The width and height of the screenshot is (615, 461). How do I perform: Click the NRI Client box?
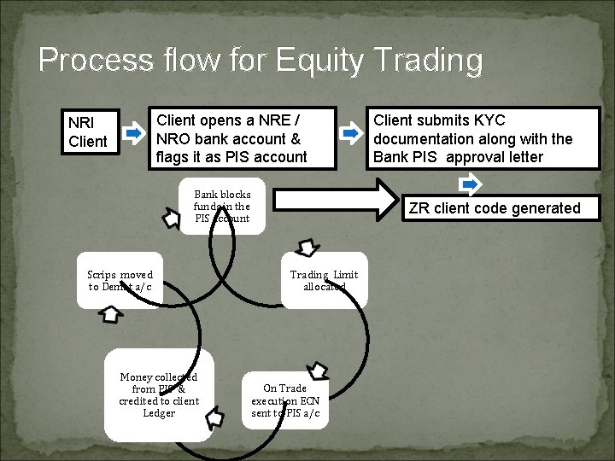point(88,132)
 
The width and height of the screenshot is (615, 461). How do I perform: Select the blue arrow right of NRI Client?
point(132,133)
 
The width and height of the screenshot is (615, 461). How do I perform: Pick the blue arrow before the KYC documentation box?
point(350,133)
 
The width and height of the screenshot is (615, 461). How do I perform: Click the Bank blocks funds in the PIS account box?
point(222,207)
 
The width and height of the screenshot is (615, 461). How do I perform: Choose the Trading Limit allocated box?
point(324,280)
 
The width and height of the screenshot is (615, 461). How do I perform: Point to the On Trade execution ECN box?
point(285,401)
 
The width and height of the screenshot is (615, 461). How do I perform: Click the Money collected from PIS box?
point(159,395)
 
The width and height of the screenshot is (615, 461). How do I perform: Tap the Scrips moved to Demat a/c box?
point(120,280)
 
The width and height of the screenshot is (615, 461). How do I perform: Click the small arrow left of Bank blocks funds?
point(170,219)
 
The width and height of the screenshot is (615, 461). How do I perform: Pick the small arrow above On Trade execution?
point(318,371)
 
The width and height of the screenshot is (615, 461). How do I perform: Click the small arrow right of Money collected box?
point(215,419)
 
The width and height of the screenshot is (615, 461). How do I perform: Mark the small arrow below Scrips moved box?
point(113,315)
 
